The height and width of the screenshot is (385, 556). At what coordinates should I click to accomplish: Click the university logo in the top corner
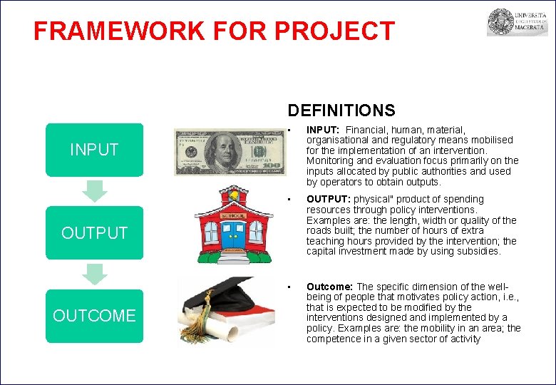click(517, 22)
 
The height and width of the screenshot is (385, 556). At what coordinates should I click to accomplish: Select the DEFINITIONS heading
click(341, 111)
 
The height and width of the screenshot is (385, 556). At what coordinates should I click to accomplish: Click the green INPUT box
click(94, 150)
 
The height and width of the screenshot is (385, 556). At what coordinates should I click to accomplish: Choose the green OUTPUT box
click(94, 232)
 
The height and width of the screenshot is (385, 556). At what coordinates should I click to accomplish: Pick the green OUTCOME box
click(94, 316)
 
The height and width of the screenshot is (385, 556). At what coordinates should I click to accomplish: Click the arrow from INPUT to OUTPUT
click(94, 190)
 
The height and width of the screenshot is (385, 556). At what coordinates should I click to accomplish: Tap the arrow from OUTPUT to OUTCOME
click(94, 273)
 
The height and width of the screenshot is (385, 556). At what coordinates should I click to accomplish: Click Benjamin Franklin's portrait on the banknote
click(225, 152)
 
